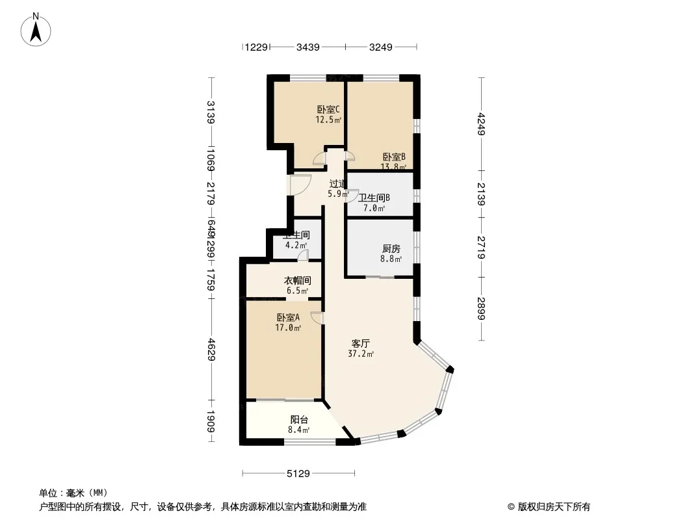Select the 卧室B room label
394,157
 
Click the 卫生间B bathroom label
374,198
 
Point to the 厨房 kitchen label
391,248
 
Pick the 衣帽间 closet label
297,281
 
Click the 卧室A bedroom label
288,318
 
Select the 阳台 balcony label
299,420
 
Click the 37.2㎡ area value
361,354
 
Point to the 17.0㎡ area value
289,328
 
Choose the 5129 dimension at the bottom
298,474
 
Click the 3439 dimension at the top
307,47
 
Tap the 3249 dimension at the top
381,47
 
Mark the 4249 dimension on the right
481,125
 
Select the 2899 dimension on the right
481,308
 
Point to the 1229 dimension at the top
256,47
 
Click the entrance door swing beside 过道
300,186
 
